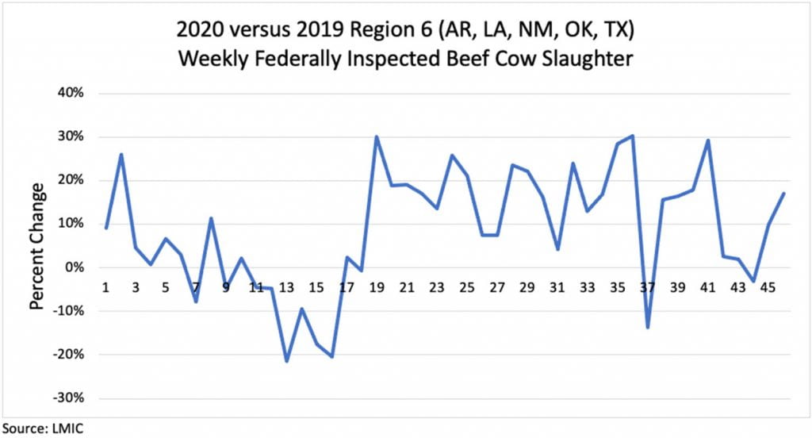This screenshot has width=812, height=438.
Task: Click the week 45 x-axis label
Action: tap(768, 288)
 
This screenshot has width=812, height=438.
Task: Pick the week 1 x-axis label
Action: tap(105, 288)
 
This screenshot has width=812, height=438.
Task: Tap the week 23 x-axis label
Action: tap(437, 288)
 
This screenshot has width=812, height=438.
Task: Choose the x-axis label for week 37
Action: tap(647, 288)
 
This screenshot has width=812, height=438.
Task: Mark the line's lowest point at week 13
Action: tap(286, 361)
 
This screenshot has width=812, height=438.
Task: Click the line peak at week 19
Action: tap(377, 136)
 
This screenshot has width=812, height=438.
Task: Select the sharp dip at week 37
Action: tap(647, 327)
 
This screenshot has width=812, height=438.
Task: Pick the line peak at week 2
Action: tap(121, 154)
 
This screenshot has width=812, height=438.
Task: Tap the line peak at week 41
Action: tap(707, 140)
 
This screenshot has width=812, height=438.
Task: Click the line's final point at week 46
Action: tap(783, 194)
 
